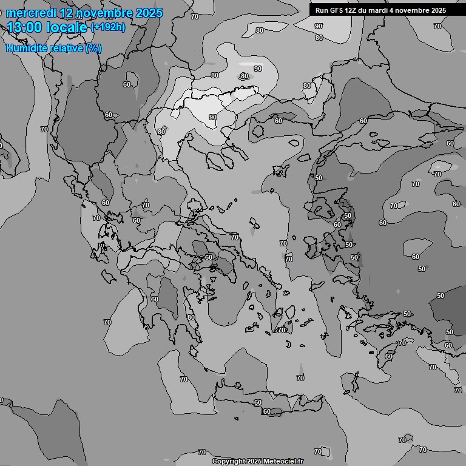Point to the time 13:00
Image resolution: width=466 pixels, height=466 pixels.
(x=25, y=27)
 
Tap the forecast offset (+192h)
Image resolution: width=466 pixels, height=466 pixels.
(x=107, y=27)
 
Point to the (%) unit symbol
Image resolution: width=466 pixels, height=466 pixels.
(x=93, y=48)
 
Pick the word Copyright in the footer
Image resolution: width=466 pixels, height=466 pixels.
(x=229, y=461)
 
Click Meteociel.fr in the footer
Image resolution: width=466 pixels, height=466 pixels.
(x=283, y=461)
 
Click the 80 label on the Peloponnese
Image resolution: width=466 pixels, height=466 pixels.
(x=191, y=317)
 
